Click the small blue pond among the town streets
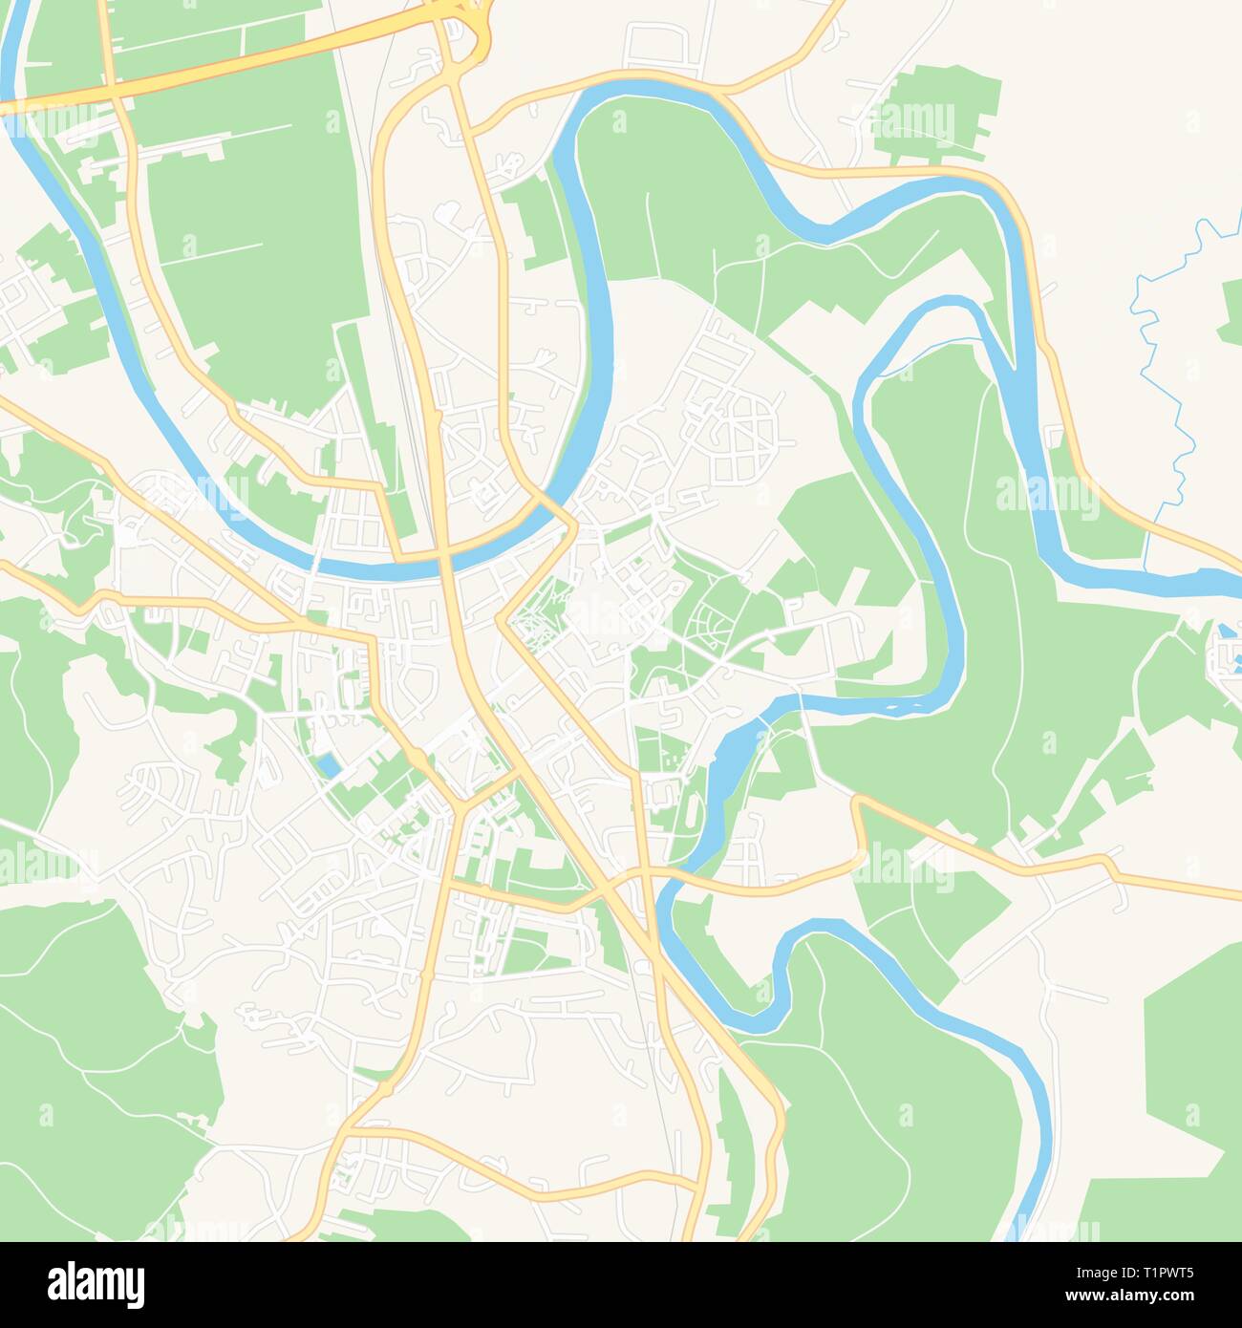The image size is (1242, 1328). [x=328, y=764]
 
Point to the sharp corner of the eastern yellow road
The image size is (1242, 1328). [x=858, y=803]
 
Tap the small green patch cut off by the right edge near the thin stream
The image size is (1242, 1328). [x=1231, y=311]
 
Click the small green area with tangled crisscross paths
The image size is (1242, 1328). [x=540, y=616]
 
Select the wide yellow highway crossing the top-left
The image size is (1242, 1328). [x=220, y=62]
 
